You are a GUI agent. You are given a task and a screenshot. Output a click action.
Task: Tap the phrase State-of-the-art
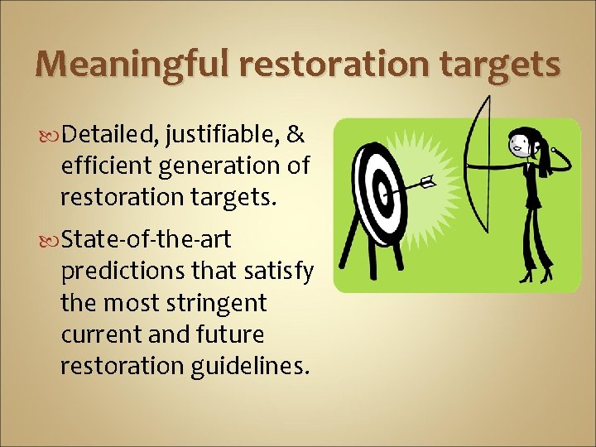pyautogui.click(x=146, y=240)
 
